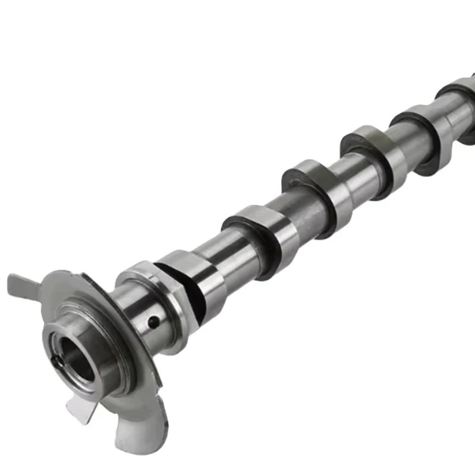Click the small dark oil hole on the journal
[x=153, y=322]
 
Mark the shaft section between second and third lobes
[x=291, y=211]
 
